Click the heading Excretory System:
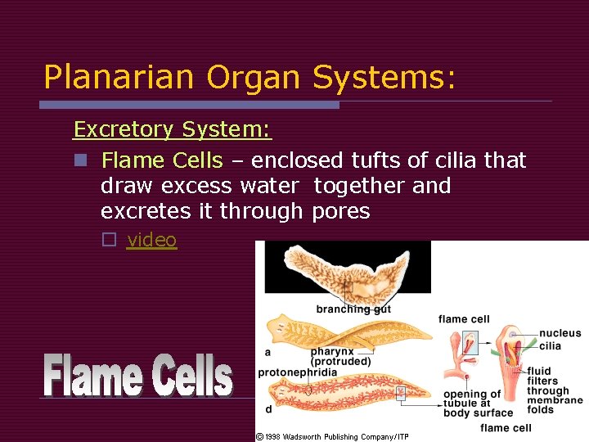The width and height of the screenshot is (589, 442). pos(173,129)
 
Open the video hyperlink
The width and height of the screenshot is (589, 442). pos(152,240)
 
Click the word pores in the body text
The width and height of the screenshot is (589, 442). pos(341,211)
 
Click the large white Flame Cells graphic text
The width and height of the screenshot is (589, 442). pos(138,376)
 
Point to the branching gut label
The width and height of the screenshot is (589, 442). pos(353,309)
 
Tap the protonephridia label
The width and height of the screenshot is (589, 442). pos(297,372)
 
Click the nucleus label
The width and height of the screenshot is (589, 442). pos(560,333)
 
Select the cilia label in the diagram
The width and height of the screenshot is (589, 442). pos(550,346)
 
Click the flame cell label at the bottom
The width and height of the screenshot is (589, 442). pos(506,428)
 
